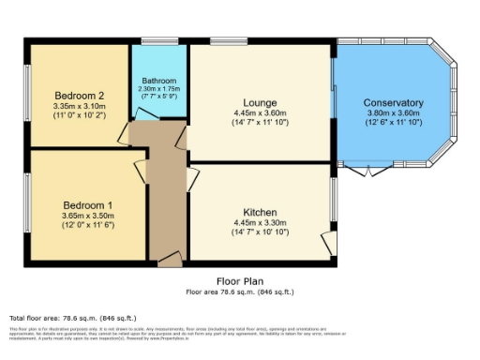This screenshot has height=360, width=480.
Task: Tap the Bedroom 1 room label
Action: click(88, 205)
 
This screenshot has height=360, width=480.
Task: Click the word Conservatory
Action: click(393, 102)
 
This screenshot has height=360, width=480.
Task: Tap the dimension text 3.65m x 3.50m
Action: click(88, 217)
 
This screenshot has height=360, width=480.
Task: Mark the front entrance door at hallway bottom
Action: click(170, 258)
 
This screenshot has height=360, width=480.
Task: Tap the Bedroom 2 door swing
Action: click(122, 134)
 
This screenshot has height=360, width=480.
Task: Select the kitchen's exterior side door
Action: click(329, 241)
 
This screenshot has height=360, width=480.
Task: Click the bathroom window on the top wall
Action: click(155, 41)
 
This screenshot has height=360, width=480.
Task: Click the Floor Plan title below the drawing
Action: click(241, 279)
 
